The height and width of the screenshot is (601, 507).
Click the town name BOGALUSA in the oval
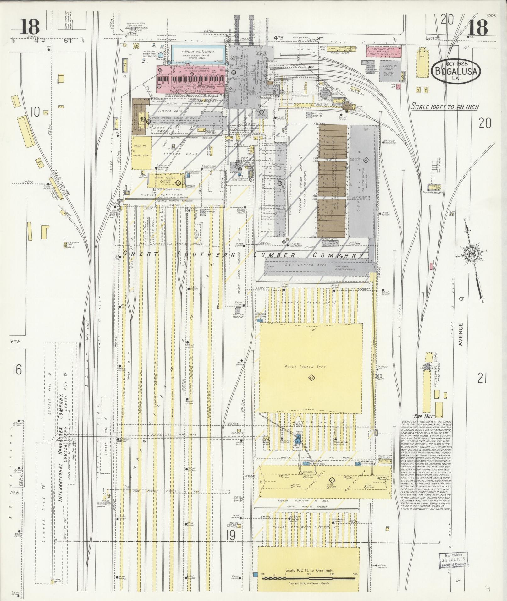456,71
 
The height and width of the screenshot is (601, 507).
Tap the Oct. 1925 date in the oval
456,63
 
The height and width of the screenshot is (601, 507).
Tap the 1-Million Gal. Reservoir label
198,51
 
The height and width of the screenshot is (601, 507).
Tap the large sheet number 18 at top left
30,27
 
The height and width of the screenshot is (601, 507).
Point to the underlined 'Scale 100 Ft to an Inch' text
444,107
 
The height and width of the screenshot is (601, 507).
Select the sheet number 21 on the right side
482,379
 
